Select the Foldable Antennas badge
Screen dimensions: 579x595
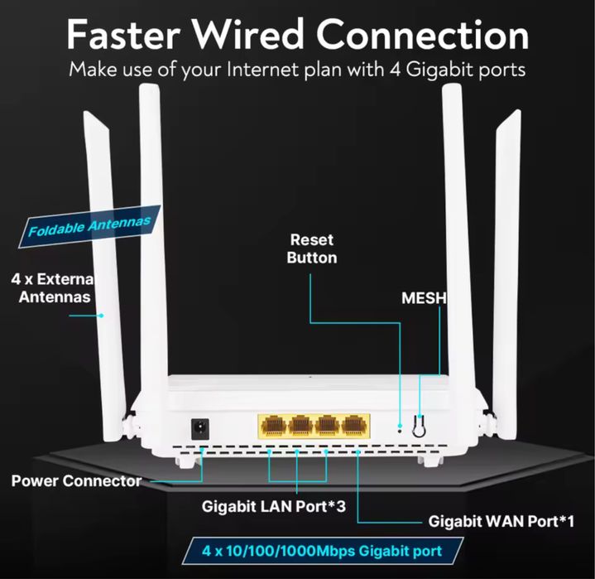tap(89, 226)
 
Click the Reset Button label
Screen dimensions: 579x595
tap(311, 248)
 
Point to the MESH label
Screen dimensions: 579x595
tap(423, 297)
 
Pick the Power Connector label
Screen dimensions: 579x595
tap(76, 480)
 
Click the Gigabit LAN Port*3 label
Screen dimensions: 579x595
tap(273, 504)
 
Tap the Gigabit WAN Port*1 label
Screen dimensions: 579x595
tap(501, 521)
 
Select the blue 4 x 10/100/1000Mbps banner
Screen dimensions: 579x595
tap(322, 549)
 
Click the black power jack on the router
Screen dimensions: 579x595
tap(199, 428)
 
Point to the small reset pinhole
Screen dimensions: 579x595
tap(400, 428)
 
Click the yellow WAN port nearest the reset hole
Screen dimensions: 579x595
tap(355, 426)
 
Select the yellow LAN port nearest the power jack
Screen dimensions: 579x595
tap(272, 426)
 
